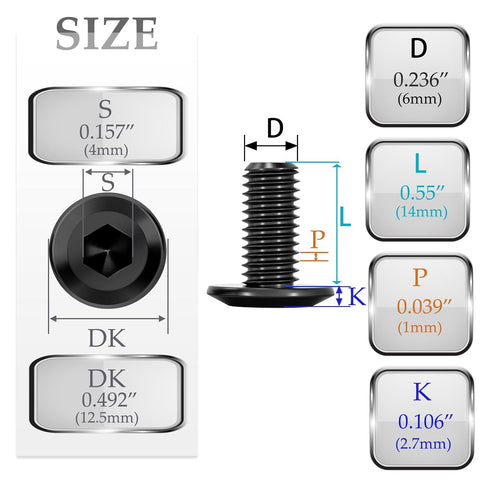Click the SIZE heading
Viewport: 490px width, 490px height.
click(x=107, y=33)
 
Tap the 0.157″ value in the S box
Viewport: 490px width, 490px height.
click(x=107, y=132)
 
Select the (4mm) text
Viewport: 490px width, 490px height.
click(x=106, y=150)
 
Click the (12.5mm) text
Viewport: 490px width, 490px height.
click(x=107, y=418)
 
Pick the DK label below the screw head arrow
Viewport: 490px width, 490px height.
click(x=107, y=338)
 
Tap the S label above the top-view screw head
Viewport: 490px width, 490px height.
click(x=107, y=182)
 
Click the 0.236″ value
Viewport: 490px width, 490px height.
click(x=421, y=80)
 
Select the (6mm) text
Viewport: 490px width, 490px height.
click(x=419, y=99)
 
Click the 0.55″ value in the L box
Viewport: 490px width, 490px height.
click(x=422, y=192)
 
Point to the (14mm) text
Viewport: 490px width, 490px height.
click(x=421, y=212)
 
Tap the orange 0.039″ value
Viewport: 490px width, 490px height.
click(x=424, y=306)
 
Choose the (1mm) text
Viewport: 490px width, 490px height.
click(x=420, y=327)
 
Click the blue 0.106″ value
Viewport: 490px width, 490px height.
click(x=426, y=422)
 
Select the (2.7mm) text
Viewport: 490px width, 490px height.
click(x=423, y=444)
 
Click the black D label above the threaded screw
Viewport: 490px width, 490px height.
click(x=275, y=128)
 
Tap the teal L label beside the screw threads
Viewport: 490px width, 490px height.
click(x=345, y=217)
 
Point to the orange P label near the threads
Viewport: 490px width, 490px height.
click(x=317, y=239)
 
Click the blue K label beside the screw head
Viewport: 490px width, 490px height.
click(x=357, y=296)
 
